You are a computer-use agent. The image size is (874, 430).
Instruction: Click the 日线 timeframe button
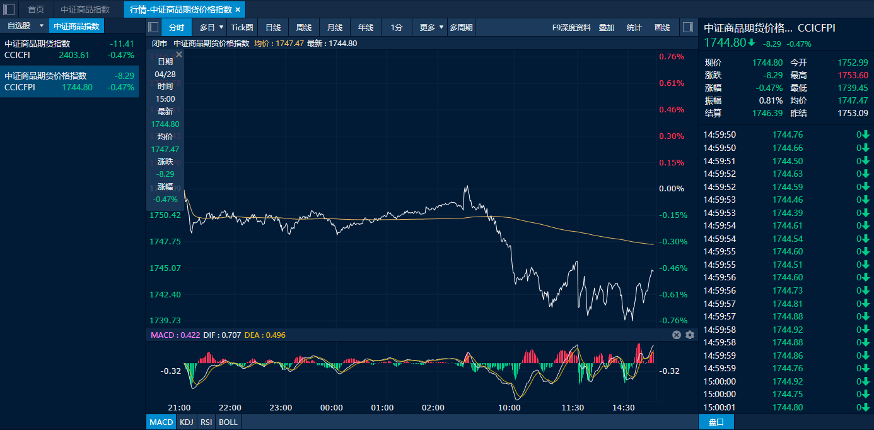[x=273, y=28]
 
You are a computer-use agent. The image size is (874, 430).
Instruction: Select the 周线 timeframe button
[x=304, y=28]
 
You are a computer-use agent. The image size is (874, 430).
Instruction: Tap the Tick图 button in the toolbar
[x=242, y=28]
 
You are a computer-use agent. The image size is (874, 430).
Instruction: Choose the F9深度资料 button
[x=571, y=28]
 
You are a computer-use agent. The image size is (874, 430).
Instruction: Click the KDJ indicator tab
[x=186, y=422]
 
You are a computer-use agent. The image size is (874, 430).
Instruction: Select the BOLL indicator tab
[x=228, y=422]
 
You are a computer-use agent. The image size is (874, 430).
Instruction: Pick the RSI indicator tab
[x=206, y=422]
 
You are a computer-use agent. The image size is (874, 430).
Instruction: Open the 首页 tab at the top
[x=36, y=9]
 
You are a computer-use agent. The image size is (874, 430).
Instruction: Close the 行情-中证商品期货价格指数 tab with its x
[x=238, y=9]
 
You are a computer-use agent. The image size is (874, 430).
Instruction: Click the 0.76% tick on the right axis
[x=672, y=57]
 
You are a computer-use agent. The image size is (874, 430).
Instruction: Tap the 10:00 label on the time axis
[x=509, y=408]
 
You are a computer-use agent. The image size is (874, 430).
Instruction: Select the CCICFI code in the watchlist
[x=17, y=55]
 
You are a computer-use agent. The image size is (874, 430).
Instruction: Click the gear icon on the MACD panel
[x=690, y=335]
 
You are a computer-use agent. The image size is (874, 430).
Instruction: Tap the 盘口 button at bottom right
[x=716, y=422]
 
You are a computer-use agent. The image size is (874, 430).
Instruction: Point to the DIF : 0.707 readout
[x=222, y=335]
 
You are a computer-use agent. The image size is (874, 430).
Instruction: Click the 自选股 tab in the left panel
[x=19, y=26]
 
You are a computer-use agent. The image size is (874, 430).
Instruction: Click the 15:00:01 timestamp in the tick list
[x=720, y=407]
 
